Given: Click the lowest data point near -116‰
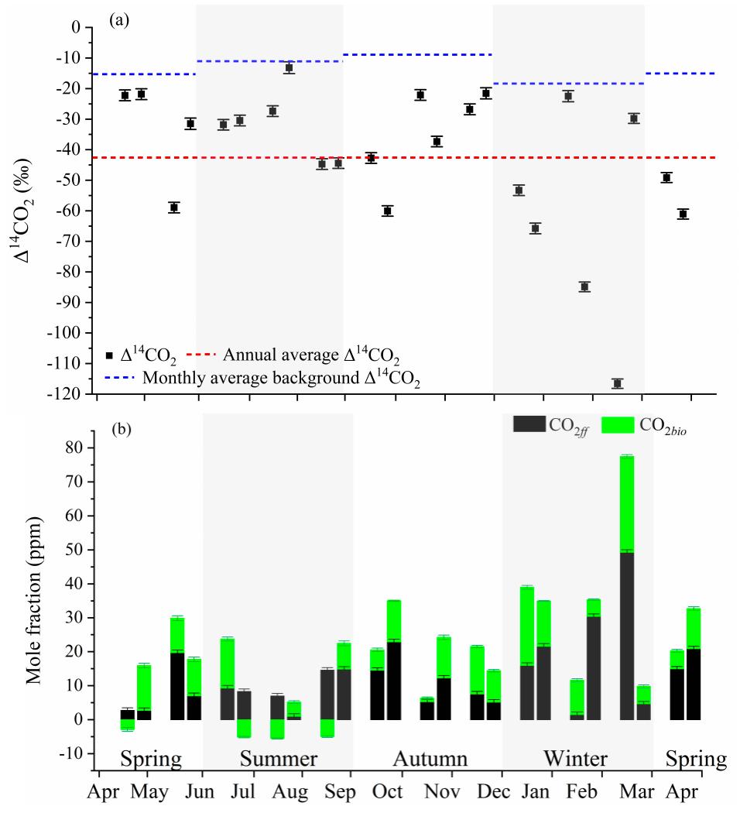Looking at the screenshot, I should (617, 383).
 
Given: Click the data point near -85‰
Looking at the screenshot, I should (584, 286).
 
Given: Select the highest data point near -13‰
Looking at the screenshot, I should (289, 67).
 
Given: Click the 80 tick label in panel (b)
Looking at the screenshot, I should (73, 448).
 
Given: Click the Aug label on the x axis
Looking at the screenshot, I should (300, 793).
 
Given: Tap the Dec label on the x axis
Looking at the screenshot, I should (501, 793).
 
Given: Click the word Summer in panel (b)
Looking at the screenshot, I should (277, 757).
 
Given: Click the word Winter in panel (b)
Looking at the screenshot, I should (575, 757).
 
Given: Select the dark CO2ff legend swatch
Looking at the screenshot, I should (529, 424).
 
